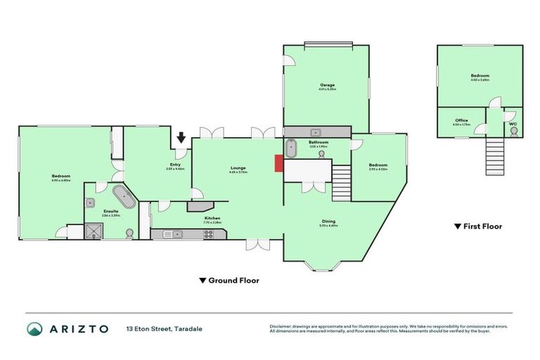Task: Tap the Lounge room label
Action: click(x=238, y=168)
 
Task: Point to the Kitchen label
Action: click(x=212, y=219)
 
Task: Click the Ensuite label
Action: click(x=111, y=212)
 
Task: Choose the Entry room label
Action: click(x=174, y=165)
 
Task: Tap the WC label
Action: click(x=513, y=124)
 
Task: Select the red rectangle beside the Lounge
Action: click(x=278, y=163)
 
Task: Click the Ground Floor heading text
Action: click(x=234, y=281)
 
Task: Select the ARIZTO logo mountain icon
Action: click(x=34, y=328)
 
